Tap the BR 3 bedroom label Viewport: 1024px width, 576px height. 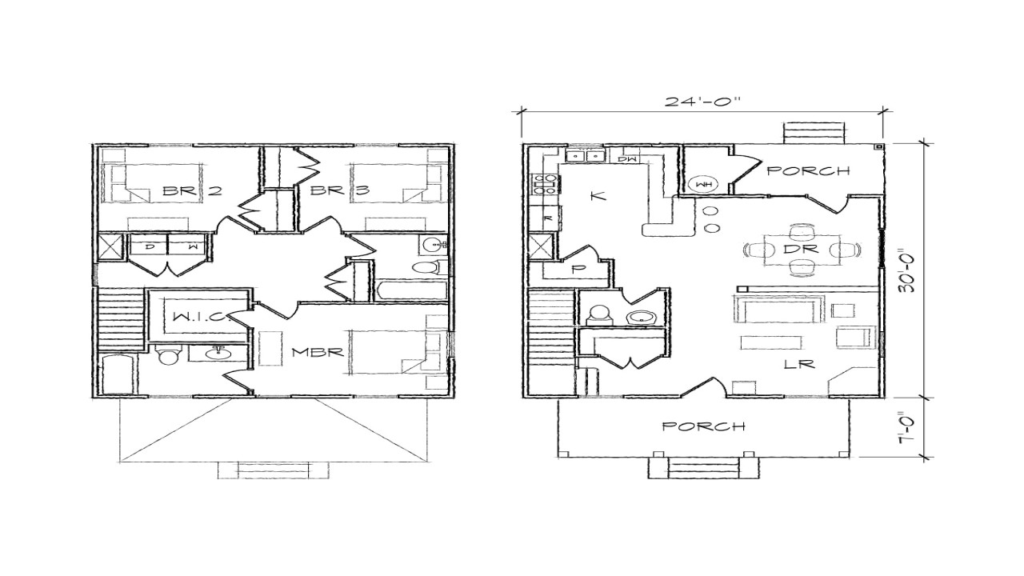[x=327, y=190]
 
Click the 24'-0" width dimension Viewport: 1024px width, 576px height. [x=702, y=102]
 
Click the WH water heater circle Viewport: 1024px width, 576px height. [x=705, y=185]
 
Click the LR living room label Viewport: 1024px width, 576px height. [x=799, y=364]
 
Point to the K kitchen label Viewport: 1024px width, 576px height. [x=594, y=196]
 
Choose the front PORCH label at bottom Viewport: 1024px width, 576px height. [x=704, y=426]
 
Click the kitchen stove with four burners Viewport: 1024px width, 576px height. [x=546, y=186]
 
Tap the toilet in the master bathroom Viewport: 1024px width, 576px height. [x=168, y=356]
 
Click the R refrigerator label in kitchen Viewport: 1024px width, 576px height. [x=548, y=217]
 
